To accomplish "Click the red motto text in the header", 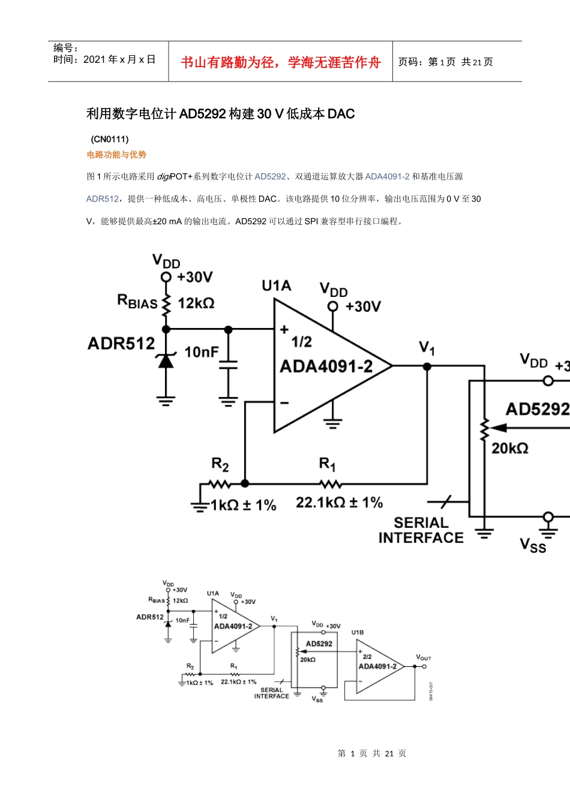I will click(x=280, y=62).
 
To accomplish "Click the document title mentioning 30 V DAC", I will click(x=220, y=114).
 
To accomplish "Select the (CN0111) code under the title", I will click(x=110, y=139).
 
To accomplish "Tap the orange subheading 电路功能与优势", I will click(x=116, y=155).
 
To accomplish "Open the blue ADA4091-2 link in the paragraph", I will click(x=387, y=176).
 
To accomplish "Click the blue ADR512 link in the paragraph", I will click(x=103, y=199).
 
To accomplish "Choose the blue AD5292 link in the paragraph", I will click(x=270, y=176).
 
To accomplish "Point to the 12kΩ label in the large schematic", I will click(x=196, y=303).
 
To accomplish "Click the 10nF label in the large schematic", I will click(x=201, y=352).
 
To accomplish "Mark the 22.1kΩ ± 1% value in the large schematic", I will click(x=339, y=503).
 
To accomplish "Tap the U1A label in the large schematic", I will click(x=276, y=286).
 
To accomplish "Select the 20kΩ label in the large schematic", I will click(x=509, y=448).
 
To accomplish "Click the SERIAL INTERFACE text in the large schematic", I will click(x=421, y=531).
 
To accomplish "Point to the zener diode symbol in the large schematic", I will click(x=166, y=360).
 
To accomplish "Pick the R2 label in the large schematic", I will click(x=220, y=464).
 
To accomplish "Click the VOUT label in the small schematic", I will click(x=424, y=657).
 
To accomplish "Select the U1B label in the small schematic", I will click(x=358, y=633).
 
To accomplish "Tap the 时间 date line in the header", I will click(x=104, y=59).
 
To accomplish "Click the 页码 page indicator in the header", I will click(x=445, y=62).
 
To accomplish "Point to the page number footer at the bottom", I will click(x=372, y=753).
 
